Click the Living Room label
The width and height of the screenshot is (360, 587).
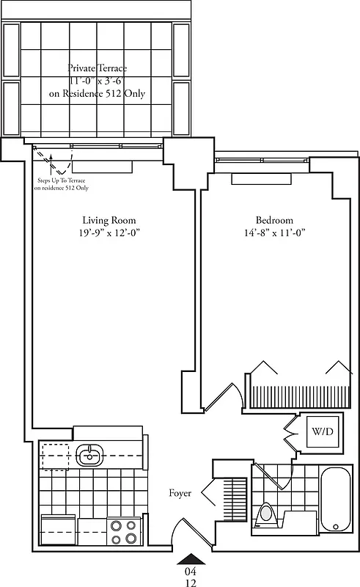pos(109,220)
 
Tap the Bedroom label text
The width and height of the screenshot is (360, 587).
pos(274,220)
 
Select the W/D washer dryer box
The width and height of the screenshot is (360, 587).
pos(323,431)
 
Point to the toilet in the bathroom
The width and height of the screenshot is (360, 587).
pos(267,514)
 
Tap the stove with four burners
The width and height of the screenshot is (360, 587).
pos(123,531)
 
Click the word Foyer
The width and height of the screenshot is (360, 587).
pos(180,493)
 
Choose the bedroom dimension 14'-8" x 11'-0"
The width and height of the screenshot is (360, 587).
pos(274,233)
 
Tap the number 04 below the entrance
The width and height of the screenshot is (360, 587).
pos(190,571)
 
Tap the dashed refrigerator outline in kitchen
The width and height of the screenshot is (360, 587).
pos(56,455)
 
